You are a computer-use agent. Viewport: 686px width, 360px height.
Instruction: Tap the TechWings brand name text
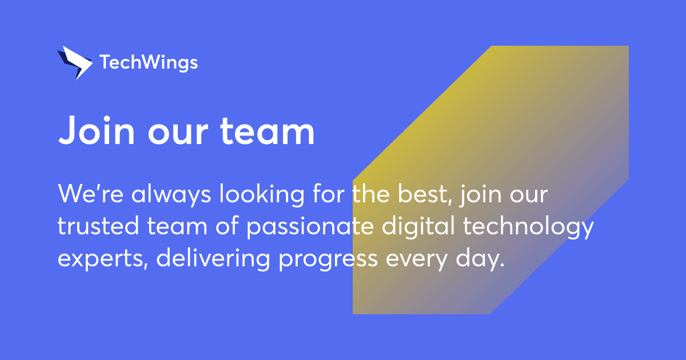[x=149, y=62]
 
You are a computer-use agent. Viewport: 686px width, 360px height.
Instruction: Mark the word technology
[x=528, y=227]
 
